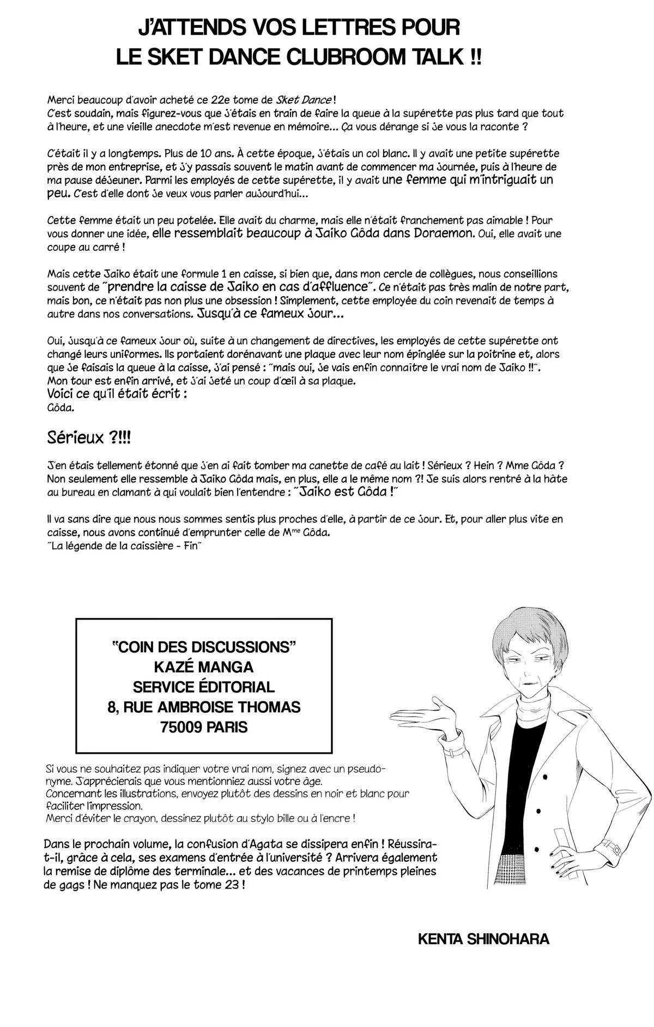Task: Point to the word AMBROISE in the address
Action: pyautogui.click(x=213, y=707)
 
